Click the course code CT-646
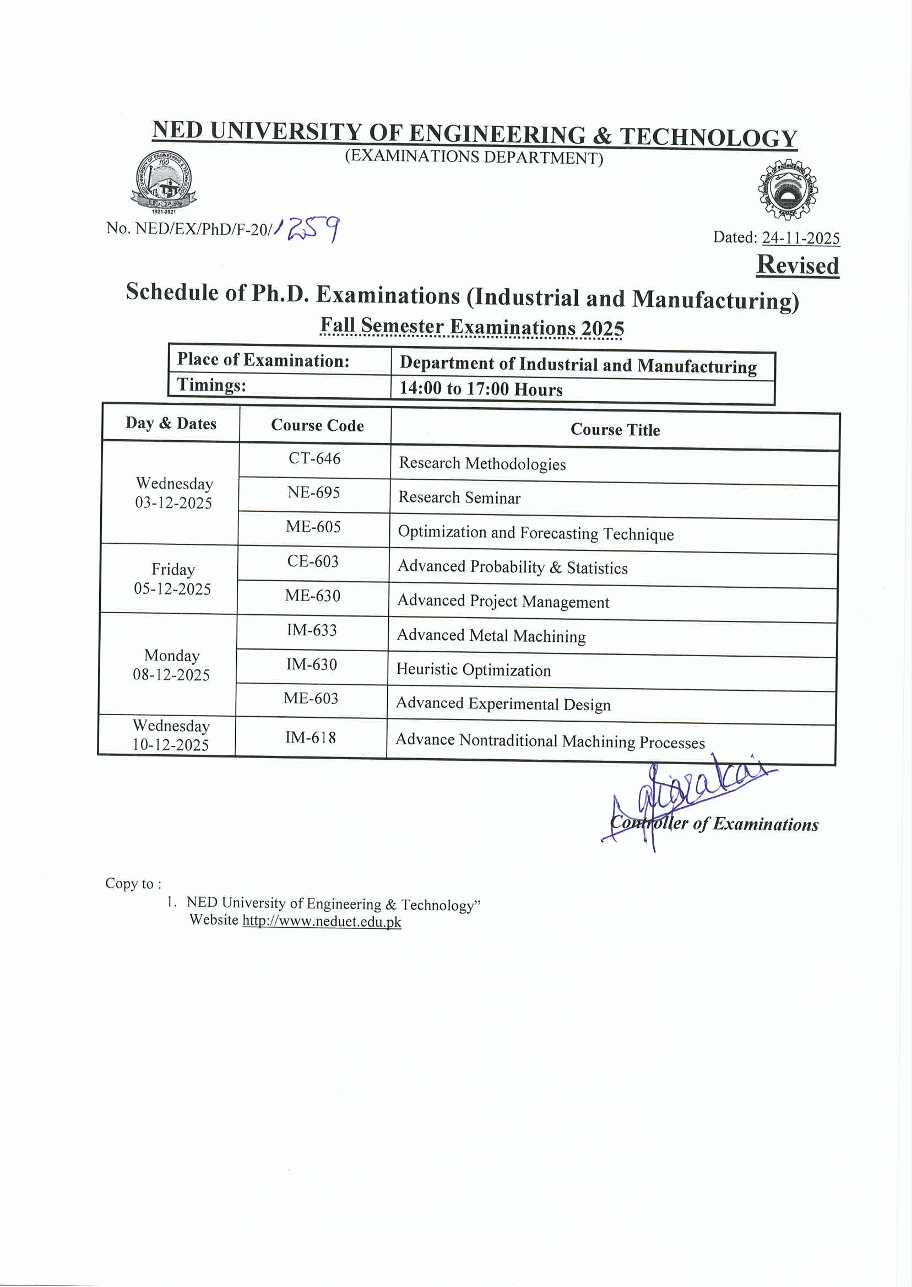[x=314, y=458]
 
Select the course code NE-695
[x=313, y=493]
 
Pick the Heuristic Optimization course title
[x=474, y=669]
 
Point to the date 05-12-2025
[x=172, y=589]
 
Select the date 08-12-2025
[x=171, y=674]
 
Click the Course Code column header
[x=317, y=425]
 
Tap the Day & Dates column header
[x=171, y=423]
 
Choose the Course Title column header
[x=615, y=430]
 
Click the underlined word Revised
[x=797, y=265]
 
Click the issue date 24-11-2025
[x=800, y=238]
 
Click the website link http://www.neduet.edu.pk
[x=322, y=922]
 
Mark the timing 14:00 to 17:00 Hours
[x=481, y=389]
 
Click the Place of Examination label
[x=263, y=360]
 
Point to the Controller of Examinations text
[x=714, y=824]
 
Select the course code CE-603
[x=313, y=561]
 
